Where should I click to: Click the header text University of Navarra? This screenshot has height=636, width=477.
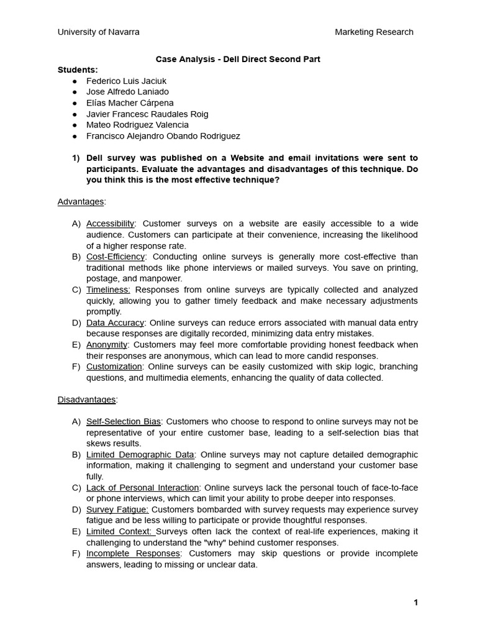pyautogui.click(x=98, y=32)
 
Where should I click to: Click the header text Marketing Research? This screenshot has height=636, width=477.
pyautogui.click(x=374, y=32)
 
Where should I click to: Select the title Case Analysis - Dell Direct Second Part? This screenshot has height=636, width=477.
pyautogui.click(x=237, y=59)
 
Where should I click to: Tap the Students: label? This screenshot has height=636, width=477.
pyautogui.click(x=78, y=70)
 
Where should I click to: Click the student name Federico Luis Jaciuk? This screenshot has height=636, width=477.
pyautogui.click(x=126, y=81)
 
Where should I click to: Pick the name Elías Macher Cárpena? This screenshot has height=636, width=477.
pyautogui.click(x=130, y=103)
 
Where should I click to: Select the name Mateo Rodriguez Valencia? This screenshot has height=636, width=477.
pyautogui.click(x=137, y=125)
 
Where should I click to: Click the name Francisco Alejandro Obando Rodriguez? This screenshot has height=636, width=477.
pyautogui.click(x=163, y=136)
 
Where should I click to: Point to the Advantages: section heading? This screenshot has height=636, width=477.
pyautogui.click(x=81, y=201)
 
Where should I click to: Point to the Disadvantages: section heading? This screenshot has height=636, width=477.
pyautogui.click(x=87, y=399)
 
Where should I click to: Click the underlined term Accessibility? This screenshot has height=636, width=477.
pyautogui.click(x=110, y=224)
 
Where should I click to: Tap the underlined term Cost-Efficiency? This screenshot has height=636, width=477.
pyautogui.click(x=115, y=257)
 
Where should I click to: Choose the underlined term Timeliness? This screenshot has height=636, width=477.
pyautogui.click(x=108, y=289)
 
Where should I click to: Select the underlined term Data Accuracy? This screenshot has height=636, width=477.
pyautogui.click(x=115, y=323)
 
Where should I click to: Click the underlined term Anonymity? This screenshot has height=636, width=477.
pyautogui.click(x=107, y=345)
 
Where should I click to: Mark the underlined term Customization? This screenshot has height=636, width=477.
pyautogui.click(x=114, y=366)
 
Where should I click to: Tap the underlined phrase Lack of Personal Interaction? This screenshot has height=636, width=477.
pyautogui.click(x=142, y=488)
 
